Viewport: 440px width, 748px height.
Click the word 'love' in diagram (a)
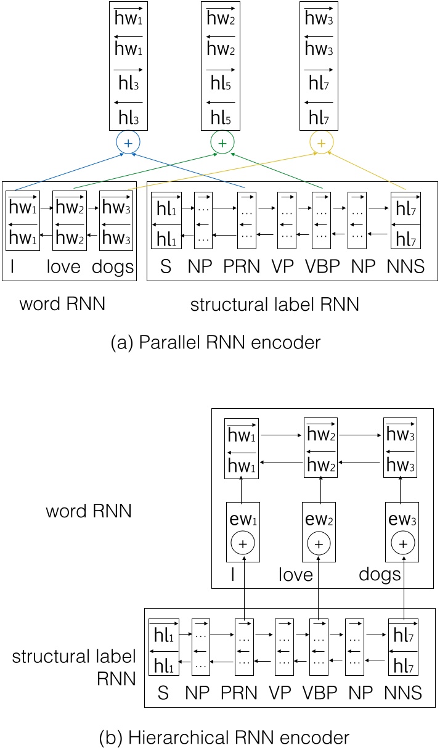point(68,268)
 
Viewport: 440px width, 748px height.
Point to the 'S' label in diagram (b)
point(163,693)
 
